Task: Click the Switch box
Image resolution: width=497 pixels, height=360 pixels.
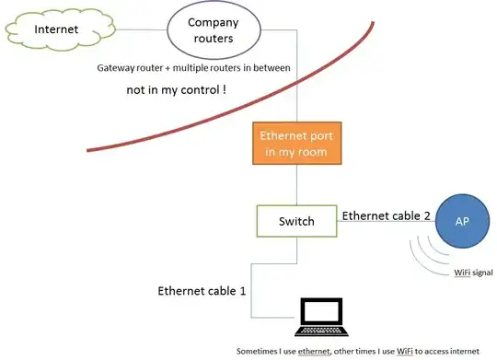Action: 295,221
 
